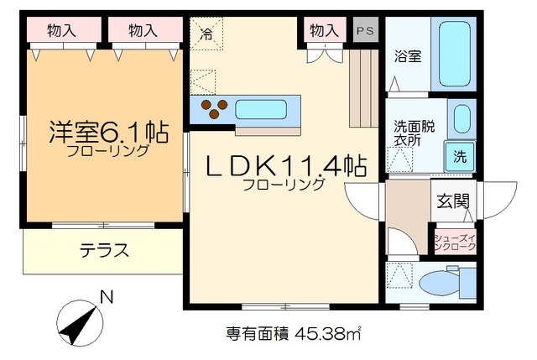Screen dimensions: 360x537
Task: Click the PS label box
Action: (x=365, y=30)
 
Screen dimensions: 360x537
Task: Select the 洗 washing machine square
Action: (x=461, y=155)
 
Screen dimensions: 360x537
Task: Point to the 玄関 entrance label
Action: (x=452, y=202)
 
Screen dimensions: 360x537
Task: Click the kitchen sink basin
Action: (x=261, y=110)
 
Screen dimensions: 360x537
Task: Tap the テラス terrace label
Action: (x=104, y=249)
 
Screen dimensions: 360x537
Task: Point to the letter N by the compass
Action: (x=106, y=296)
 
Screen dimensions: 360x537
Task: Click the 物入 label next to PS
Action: (x=323, y=30)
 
